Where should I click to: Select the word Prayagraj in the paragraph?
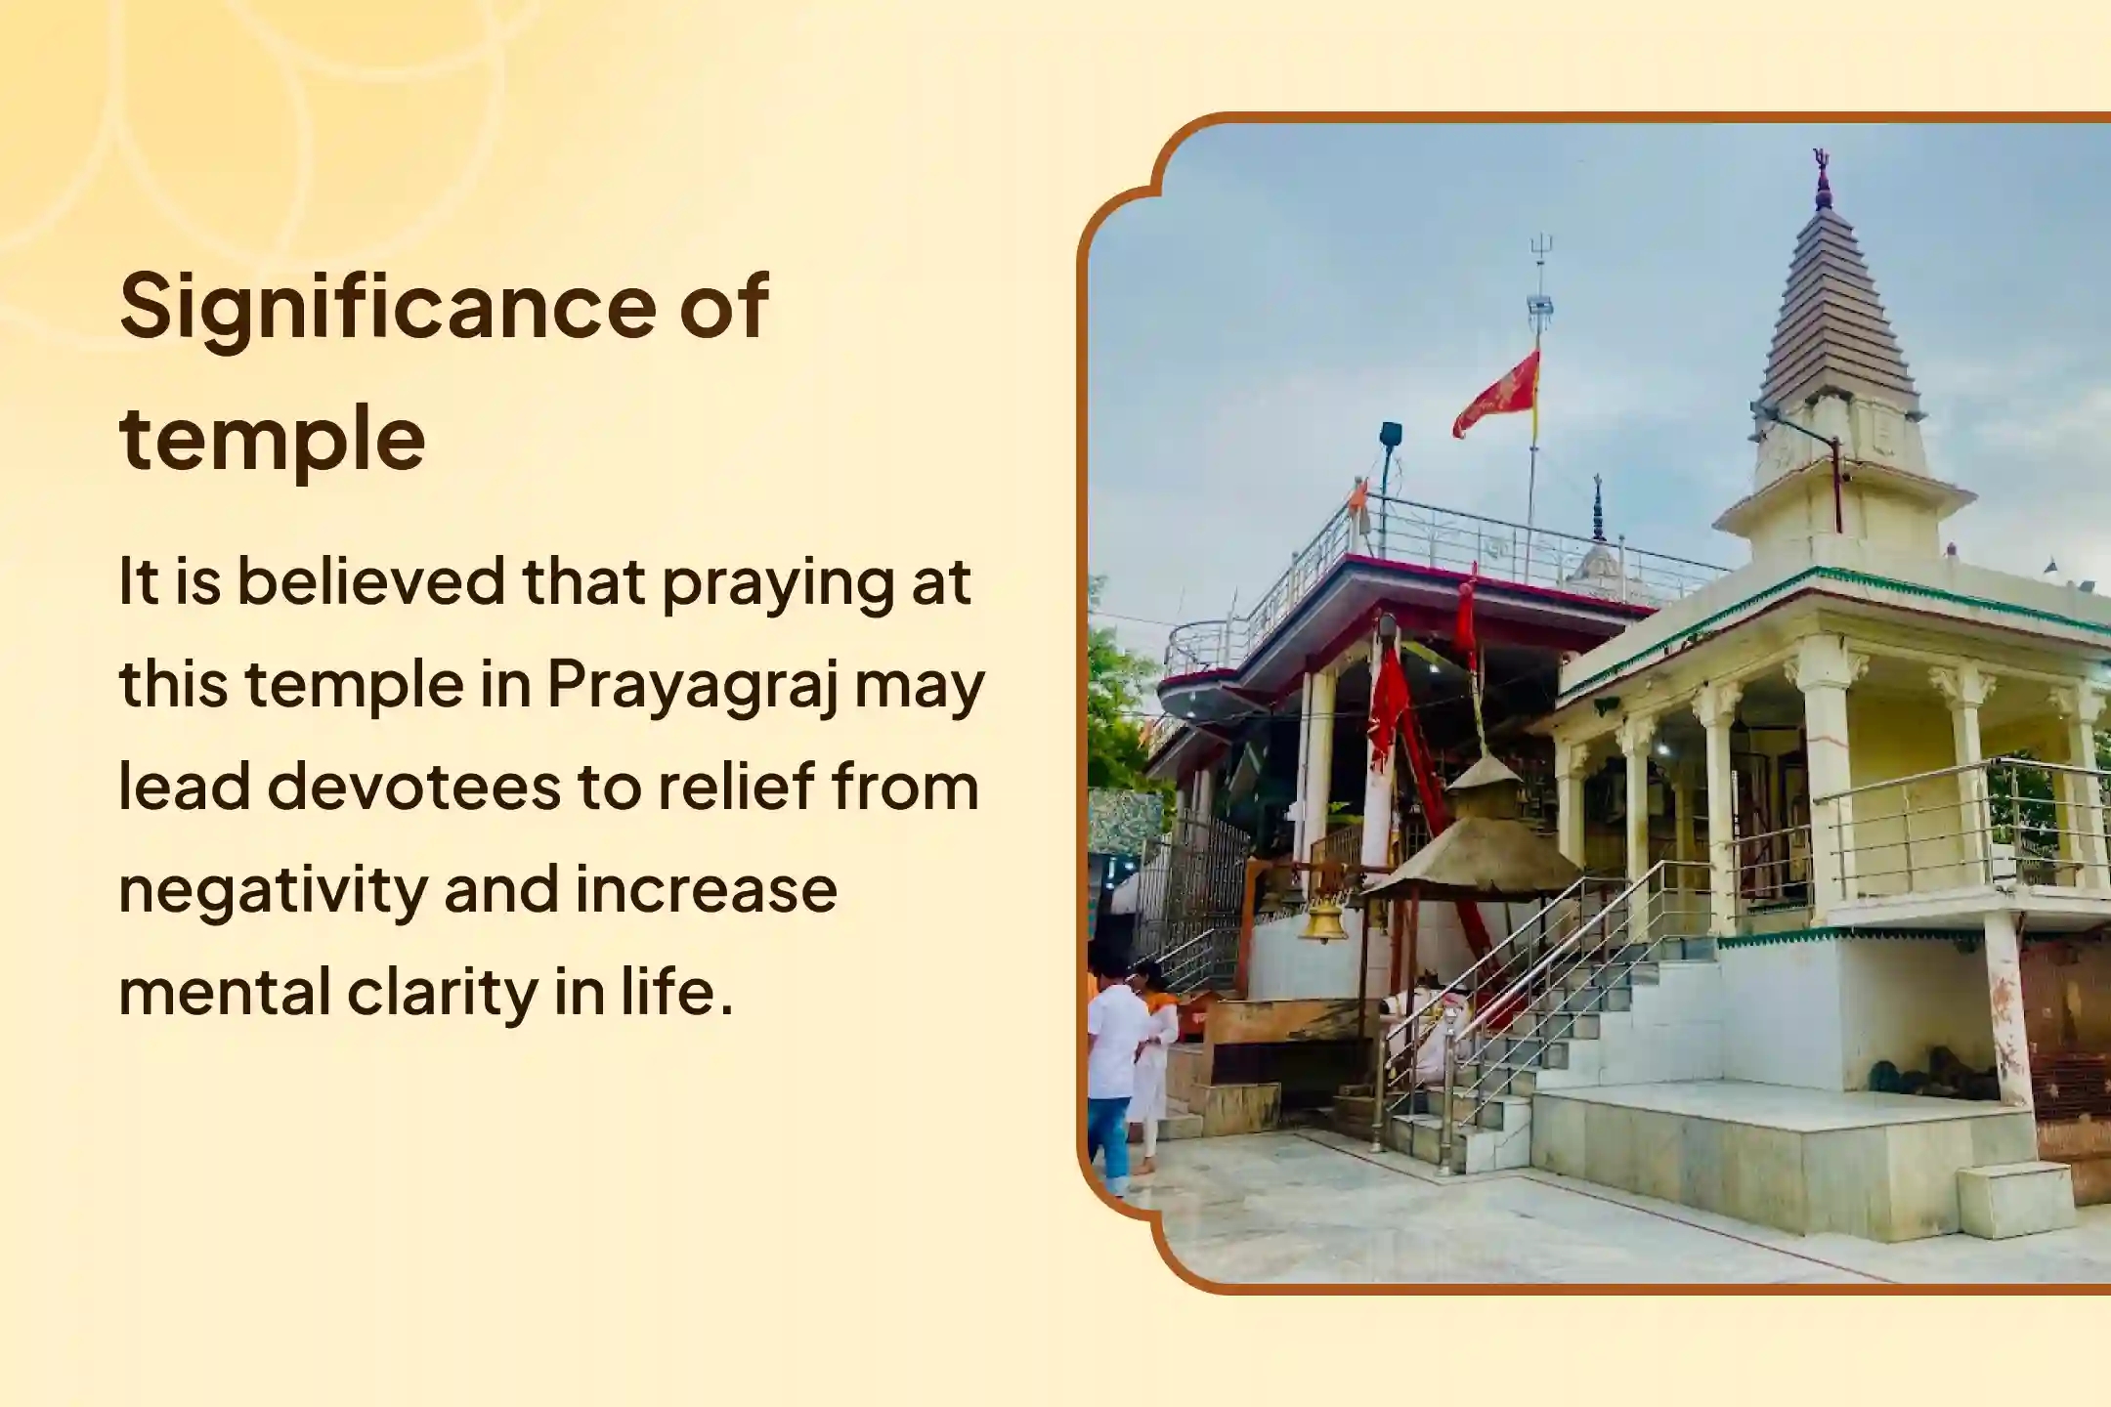pyautogui.click(x=693, y=685)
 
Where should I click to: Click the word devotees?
pyautogui.click(x=413, y=788)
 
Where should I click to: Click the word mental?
pyautogui.click(x=224, y=992)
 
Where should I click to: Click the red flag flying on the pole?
pyautogui.click(x=1497, y=393)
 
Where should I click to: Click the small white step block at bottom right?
pyautogui.click(x=2015, y=1201)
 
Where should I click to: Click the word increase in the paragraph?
pyautogui.click(x=706, y=890)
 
